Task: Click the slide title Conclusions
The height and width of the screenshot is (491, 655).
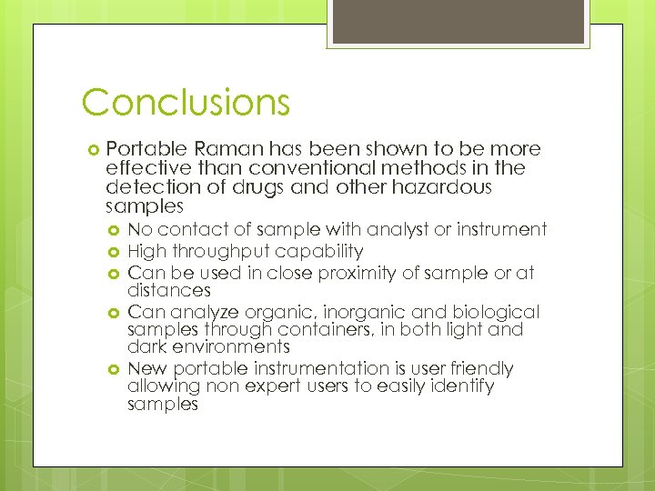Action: click(186, 102)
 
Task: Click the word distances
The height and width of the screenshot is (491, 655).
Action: click(169, 291)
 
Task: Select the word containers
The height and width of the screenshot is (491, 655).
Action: click(306, 330)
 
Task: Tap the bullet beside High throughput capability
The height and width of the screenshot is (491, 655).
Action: click(115, 252)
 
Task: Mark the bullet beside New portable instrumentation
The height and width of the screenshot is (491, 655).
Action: click(115, 369)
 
